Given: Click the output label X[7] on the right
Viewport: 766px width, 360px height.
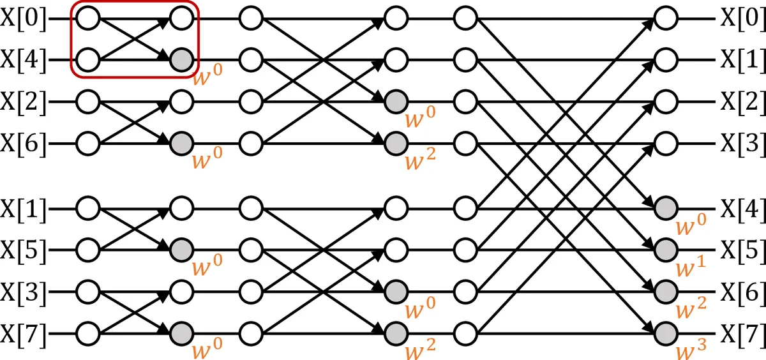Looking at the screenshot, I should (x=743, y=334).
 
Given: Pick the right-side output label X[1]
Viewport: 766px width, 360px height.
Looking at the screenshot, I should (x=743, y=60).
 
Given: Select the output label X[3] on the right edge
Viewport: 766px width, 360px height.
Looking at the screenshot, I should (x=743, y=144).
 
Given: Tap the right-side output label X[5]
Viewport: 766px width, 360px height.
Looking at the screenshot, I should (x=743, y=249).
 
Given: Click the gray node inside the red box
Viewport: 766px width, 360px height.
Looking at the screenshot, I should (x=181, y=60).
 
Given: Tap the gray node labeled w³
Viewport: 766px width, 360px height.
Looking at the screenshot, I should (x=666, y=333).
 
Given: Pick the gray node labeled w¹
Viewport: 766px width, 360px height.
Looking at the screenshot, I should (x=666, y=248).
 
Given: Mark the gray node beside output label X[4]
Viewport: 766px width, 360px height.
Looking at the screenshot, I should (x=666, y=207).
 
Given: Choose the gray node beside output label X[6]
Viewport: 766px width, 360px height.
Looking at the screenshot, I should (x=666, y=291).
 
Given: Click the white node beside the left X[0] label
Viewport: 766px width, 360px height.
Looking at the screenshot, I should (x=89, y=18).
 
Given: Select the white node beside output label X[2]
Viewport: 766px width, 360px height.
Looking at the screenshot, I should (x=666, y=101).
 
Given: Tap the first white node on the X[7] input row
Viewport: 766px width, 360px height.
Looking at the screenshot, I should (x=89, y=333).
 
